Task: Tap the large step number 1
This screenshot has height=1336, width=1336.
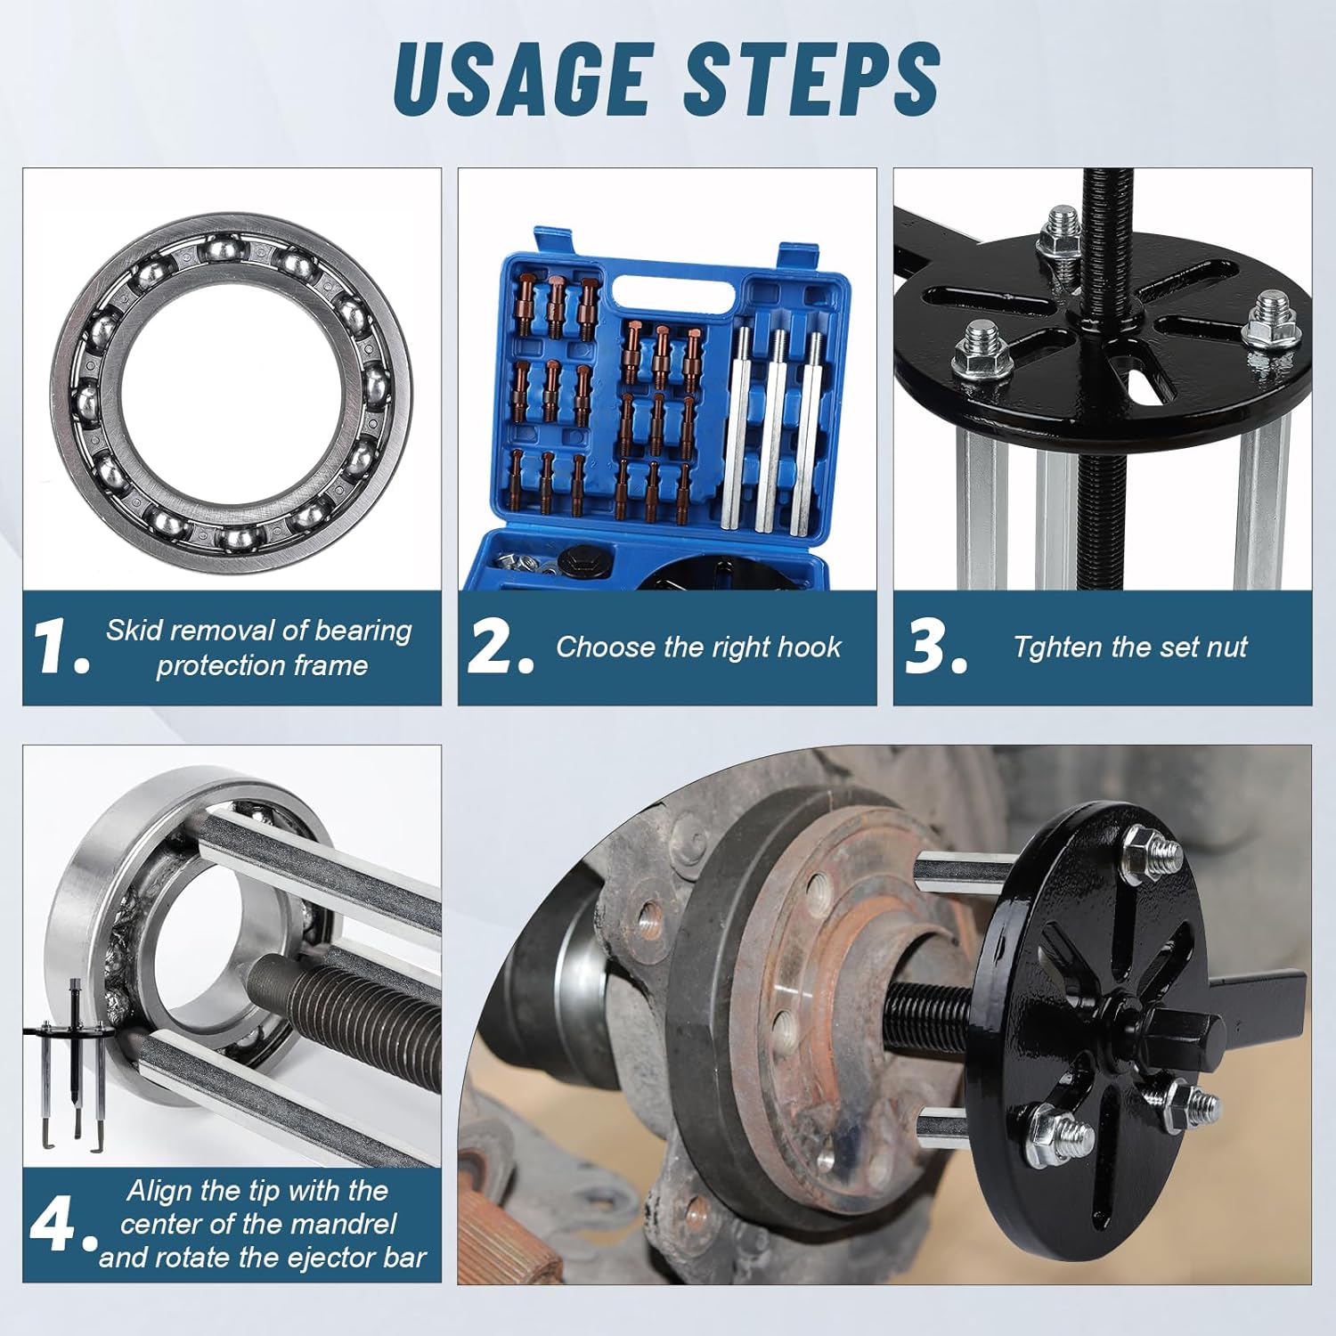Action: [61, 648]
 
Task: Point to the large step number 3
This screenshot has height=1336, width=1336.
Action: [935, 648]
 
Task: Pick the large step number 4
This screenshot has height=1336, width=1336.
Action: [62, 1225]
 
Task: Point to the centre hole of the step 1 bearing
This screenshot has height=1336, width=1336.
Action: [232, 383]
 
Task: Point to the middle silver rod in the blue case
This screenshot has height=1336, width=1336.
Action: [775, 428]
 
